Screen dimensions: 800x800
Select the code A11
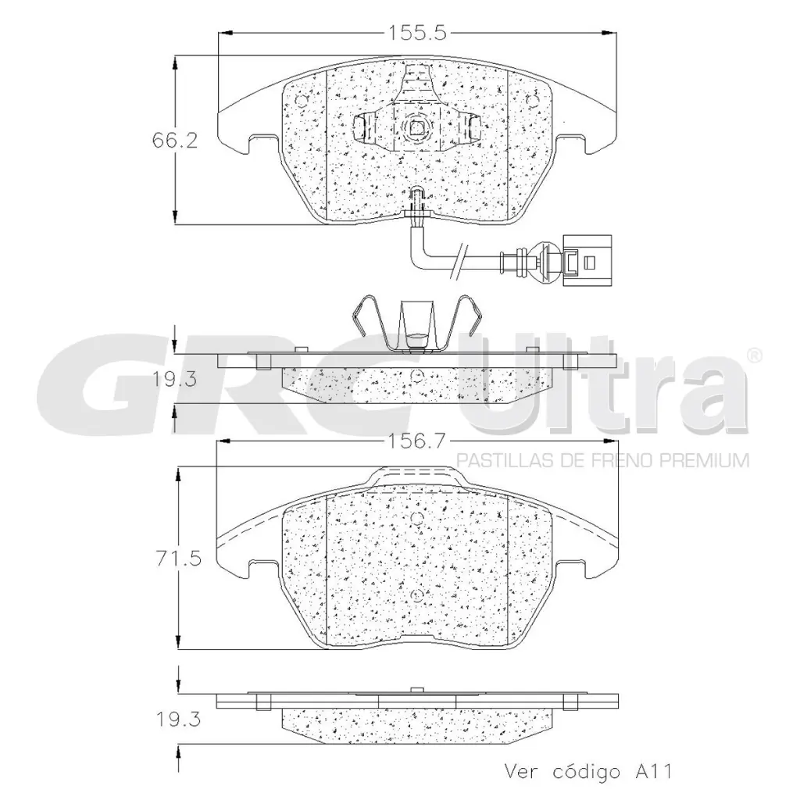[650, 772]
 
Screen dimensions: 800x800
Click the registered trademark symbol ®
[753, 355]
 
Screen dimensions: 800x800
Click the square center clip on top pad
[416, 127]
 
